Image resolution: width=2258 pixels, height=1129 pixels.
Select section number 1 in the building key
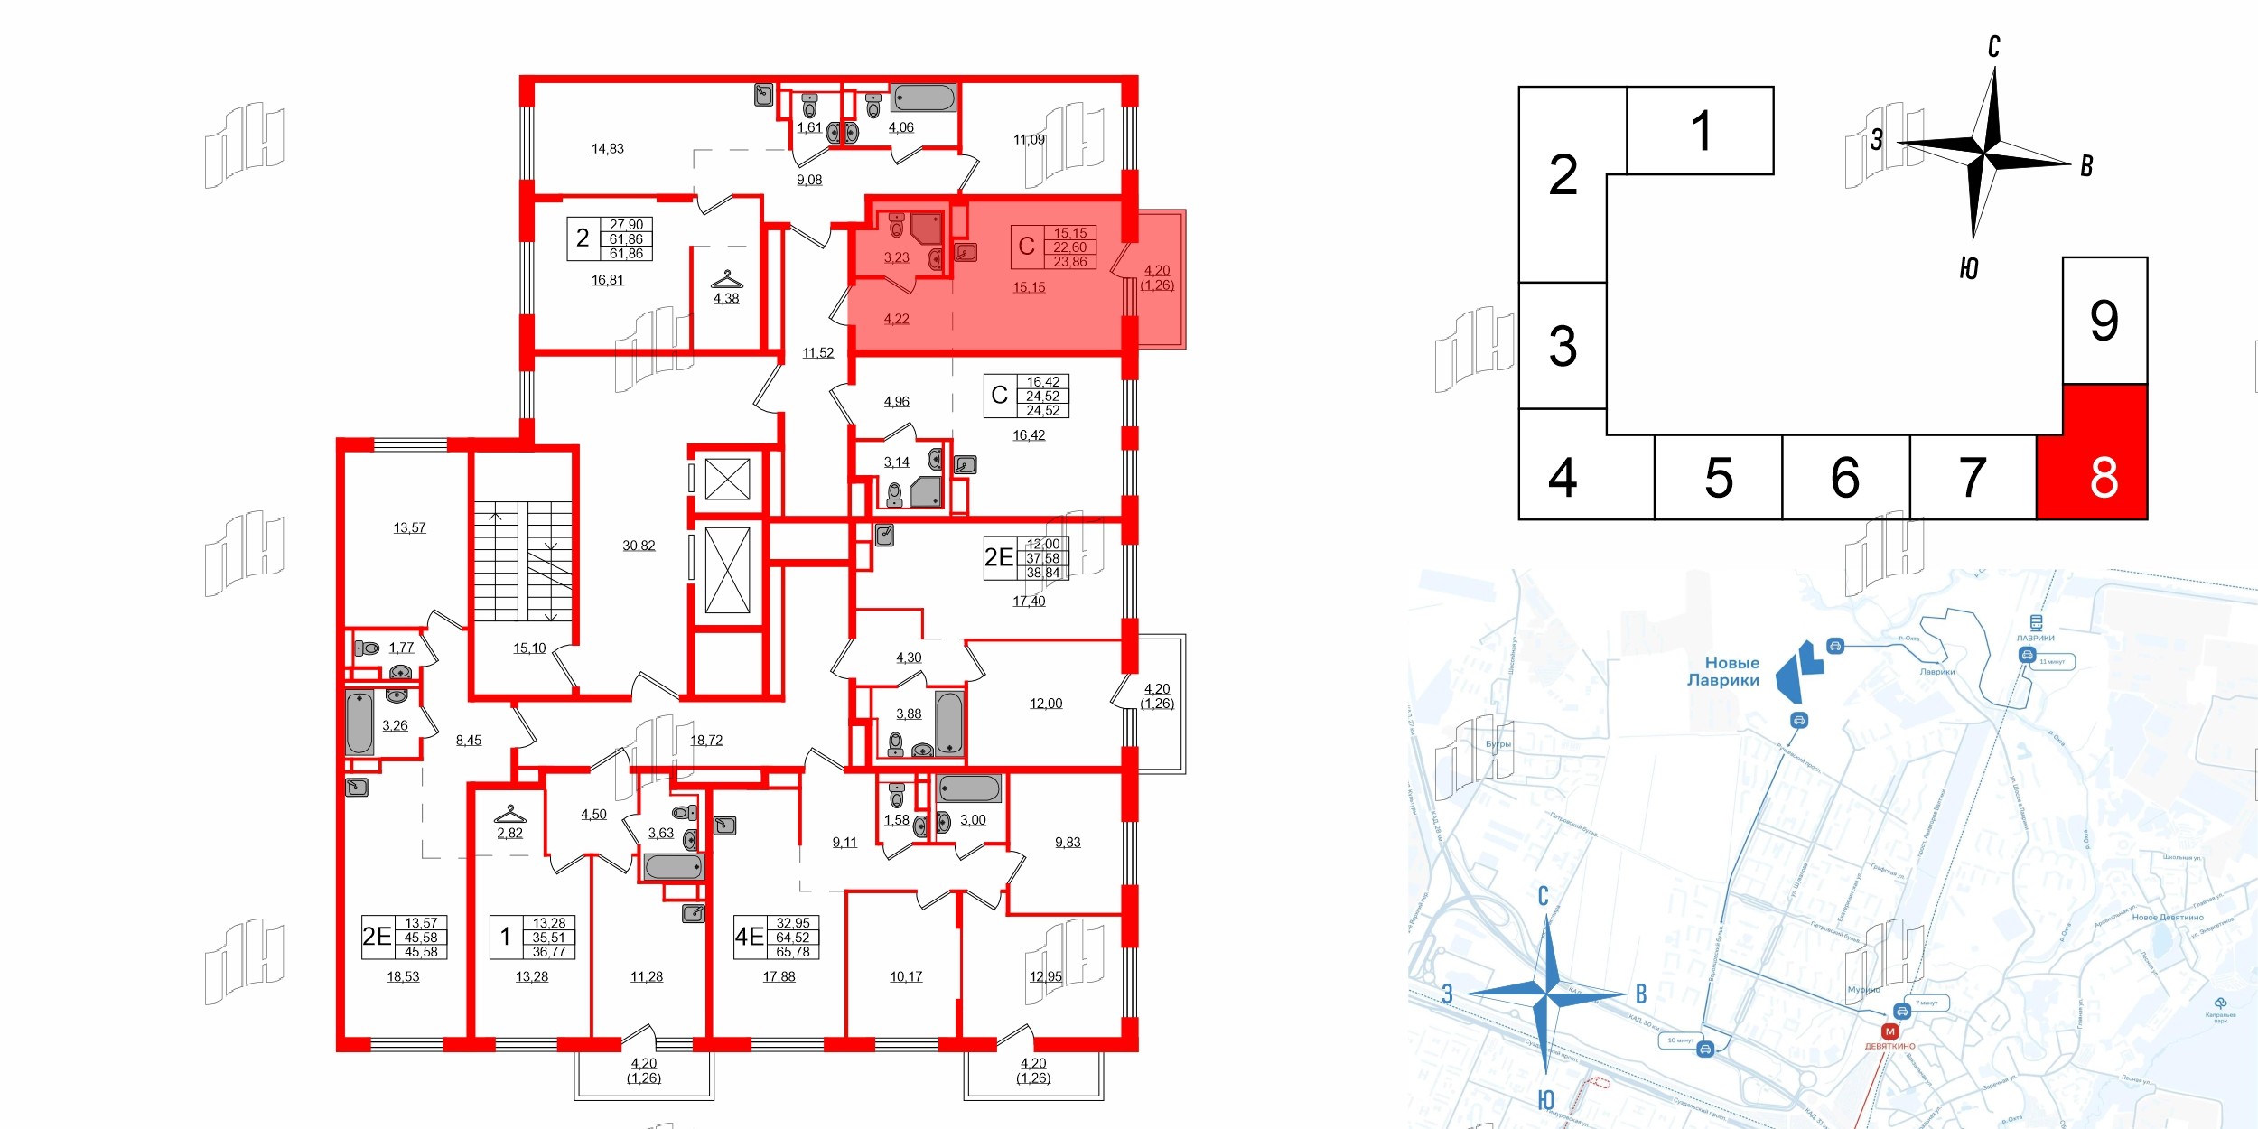point(1701,131)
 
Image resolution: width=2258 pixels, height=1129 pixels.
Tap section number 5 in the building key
point(1718,478)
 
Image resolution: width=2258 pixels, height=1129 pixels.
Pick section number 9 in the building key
point(2104,321)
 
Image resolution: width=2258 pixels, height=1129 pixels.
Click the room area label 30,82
point(639,546)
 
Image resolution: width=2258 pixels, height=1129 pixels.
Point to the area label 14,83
point(607,149)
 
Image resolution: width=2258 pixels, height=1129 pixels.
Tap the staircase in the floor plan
point(524,561)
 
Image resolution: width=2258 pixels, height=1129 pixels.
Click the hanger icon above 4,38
point(726,279)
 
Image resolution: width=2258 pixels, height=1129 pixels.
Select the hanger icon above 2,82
point(510,814)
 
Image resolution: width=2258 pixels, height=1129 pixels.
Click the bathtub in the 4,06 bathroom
point(923,98)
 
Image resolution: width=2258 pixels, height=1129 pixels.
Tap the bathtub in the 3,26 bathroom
point(359,722)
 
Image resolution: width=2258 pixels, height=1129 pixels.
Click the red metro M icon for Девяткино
point(1889,1031)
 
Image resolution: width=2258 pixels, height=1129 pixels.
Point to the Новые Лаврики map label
point(1723,671)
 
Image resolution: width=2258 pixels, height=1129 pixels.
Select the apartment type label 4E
point(749,937)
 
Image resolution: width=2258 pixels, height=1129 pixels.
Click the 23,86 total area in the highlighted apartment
point(1070,262)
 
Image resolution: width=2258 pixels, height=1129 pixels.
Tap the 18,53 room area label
point(403,976)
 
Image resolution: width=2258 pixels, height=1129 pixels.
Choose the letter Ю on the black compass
point(1969,268)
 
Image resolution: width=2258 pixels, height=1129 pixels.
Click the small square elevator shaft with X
point(727,479)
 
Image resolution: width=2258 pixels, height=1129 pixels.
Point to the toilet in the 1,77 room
point(368,648)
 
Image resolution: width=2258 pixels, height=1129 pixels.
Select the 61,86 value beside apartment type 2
point(626,239)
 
